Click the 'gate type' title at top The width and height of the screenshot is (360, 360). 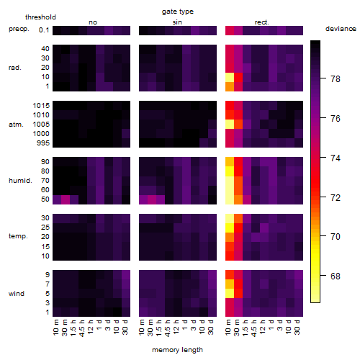coord(178,12)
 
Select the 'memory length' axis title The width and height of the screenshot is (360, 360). coord(177,350)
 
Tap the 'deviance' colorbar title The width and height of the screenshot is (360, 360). coord(341,29)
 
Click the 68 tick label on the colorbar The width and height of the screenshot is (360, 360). coord(336,276)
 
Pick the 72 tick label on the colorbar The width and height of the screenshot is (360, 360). coord(336,197)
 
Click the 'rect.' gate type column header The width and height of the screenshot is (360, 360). coord(262,22)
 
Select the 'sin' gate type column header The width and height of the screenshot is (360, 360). coord(177,22)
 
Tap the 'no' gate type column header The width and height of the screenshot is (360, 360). coord(93,22)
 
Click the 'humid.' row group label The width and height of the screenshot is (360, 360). coord(20,181)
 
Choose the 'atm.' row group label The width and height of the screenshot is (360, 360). coord(16,125)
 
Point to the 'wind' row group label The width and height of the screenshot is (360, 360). coord(17,294)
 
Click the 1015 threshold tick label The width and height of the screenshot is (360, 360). coord(41,105)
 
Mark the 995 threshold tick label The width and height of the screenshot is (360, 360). coord(43,143)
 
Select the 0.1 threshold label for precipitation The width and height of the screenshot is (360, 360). coord(44,30)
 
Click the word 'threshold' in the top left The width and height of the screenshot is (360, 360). coord(40,17)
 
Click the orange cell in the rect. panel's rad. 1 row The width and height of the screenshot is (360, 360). coord(230,86)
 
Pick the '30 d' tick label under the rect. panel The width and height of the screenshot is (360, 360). coord(297,328)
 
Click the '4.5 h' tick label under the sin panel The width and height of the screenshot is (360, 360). coord(168,328)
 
